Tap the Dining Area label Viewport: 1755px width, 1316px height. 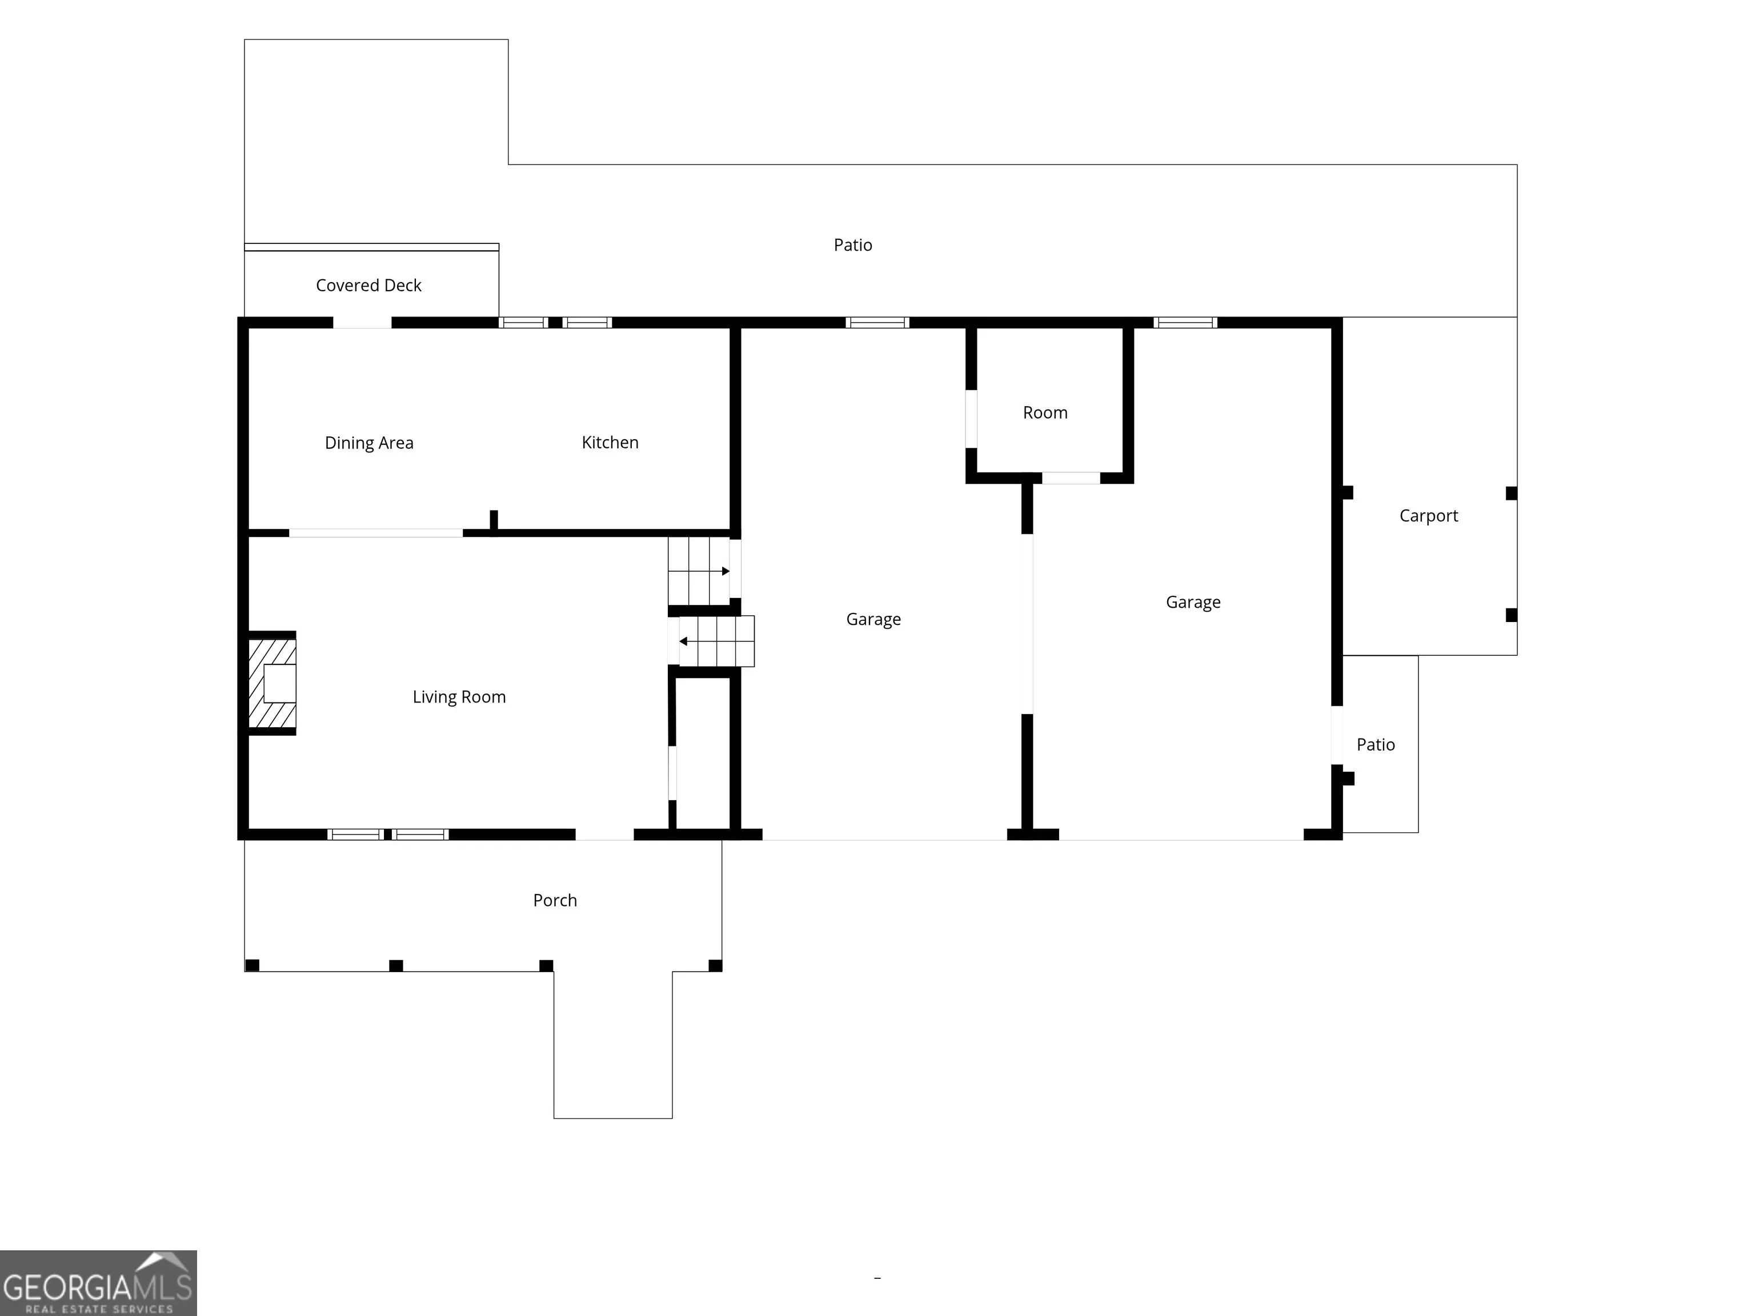tap(369, 443)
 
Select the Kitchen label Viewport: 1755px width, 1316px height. tap(610, 443)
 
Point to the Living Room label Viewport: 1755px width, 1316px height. tap(459, 697)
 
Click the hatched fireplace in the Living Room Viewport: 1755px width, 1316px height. tap(272, 683)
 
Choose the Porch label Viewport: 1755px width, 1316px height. tap(555, 900)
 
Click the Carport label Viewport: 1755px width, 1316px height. tap(1429, 516)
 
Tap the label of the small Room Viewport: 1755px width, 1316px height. tap(1045, 412)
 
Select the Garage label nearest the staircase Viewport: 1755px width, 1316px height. tap(874, 620)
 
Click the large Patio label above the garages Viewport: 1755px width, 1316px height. tap(853, 245)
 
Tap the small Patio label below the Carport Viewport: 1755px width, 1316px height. tap(1376, 745)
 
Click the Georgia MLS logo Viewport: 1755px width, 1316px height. tap(98, 1283)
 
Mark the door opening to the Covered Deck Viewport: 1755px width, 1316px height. tap(362, 323)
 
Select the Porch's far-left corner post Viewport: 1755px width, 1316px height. tap(253, 965)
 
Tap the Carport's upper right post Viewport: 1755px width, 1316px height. tap(1512, 493)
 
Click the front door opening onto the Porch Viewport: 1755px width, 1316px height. tap(604, 834)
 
